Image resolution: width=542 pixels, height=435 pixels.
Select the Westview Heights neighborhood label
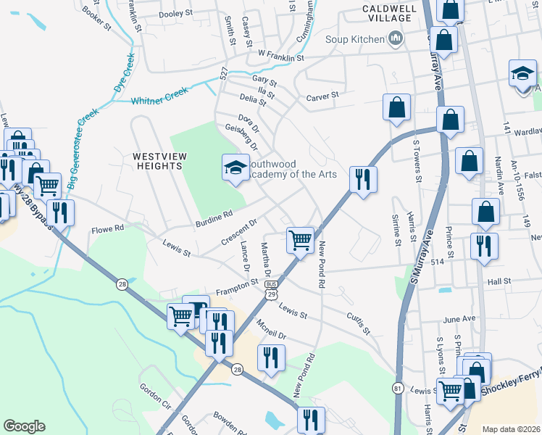pyautogui.click(x=157, y=161)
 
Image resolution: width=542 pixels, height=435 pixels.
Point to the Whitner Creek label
pyautogui.click(x=159, y=95)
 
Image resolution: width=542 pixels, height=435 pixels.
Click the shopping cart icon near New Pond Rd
pyautogui.click(x=300, y=239)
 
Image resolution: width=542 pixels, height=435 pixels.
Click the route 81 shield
pyautogui.click(x=398, y=389)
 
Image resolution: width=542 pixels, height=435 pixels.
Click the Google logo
pyautogui.click(x=24, y=426)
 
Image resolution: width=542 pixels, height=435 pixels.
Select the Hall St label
pyautogui.click(x=499, y=281)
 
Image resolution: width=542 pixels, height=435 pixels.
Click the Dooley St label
pyautogui.click(x=175, y=13)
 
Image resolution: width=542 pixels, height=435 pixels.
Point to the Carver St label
pyautogui.click(x=322, y=96)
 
